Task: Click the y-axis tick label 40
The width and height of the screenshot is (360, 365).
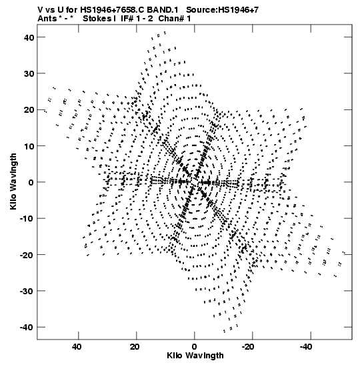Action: click(x=29, y=37)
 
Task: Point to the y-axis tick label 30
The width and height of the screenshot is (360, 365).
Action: click(x=29, y=73)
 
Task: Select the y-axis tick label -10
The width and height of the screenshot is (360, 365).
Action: click(x=27, y=219)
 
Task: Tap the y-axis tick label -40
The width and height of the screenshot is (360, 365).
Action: click(x=27, y=327)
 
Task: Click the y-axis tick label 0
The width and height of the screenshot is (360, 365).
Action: click(x=31, y=182)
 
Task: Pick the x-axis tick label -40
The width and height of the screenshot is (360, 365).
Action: click(x=306, y=347)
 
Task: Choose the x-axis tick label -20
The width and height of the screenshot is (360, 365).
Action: click(x=248, y=347)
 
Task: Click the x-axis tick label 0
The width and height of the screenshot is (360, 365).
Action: click(x=194, y=347)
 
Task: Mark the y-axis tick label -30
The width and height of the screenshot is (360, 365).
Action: click(x=27, y=291)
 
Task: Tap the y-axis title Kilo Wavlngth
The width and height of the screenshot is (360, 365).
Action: click(x=13, y=181)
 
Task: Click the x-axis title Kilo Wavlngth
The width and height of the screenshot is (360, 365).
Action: click(x=195, y=356)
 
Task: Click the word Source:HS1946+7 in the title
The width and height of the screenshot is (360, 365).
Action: click(x=222, y=10)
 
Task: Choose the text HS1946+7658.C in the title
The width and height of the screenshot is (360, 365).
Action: click(x=113, y=10)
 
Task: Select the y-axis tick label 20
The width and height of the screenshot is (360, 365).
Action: click(x=29, y=109)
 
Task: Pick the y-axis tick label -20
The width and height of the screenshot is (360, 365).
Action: click(x=27, y=255)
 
